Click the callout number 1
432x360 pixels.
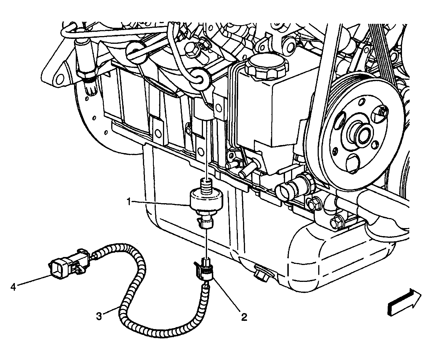click(x=129, y=202)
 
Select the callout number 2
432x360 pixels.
click(x=244, y=317)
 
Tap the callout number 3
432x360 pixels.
click(x=99, y=317)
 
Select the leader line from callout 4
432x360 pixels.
click(x=34, y=281)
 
